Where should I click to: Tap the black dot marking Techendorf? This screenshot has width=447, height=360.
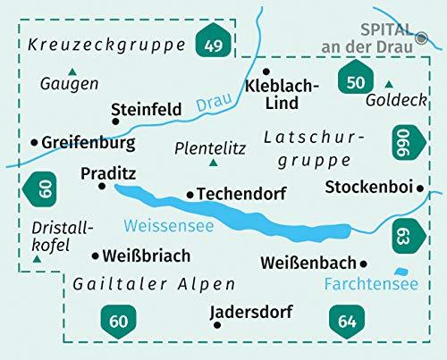190,194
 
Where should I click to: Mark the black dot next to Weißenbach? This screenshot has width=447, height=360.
364,263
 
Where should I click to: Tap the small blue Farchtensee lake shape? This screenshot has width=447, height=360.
401,271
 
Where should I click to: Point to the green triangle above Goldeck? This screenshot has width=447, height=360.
388,84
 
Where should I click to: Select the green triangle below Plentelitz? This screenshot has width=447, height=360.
213,163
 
